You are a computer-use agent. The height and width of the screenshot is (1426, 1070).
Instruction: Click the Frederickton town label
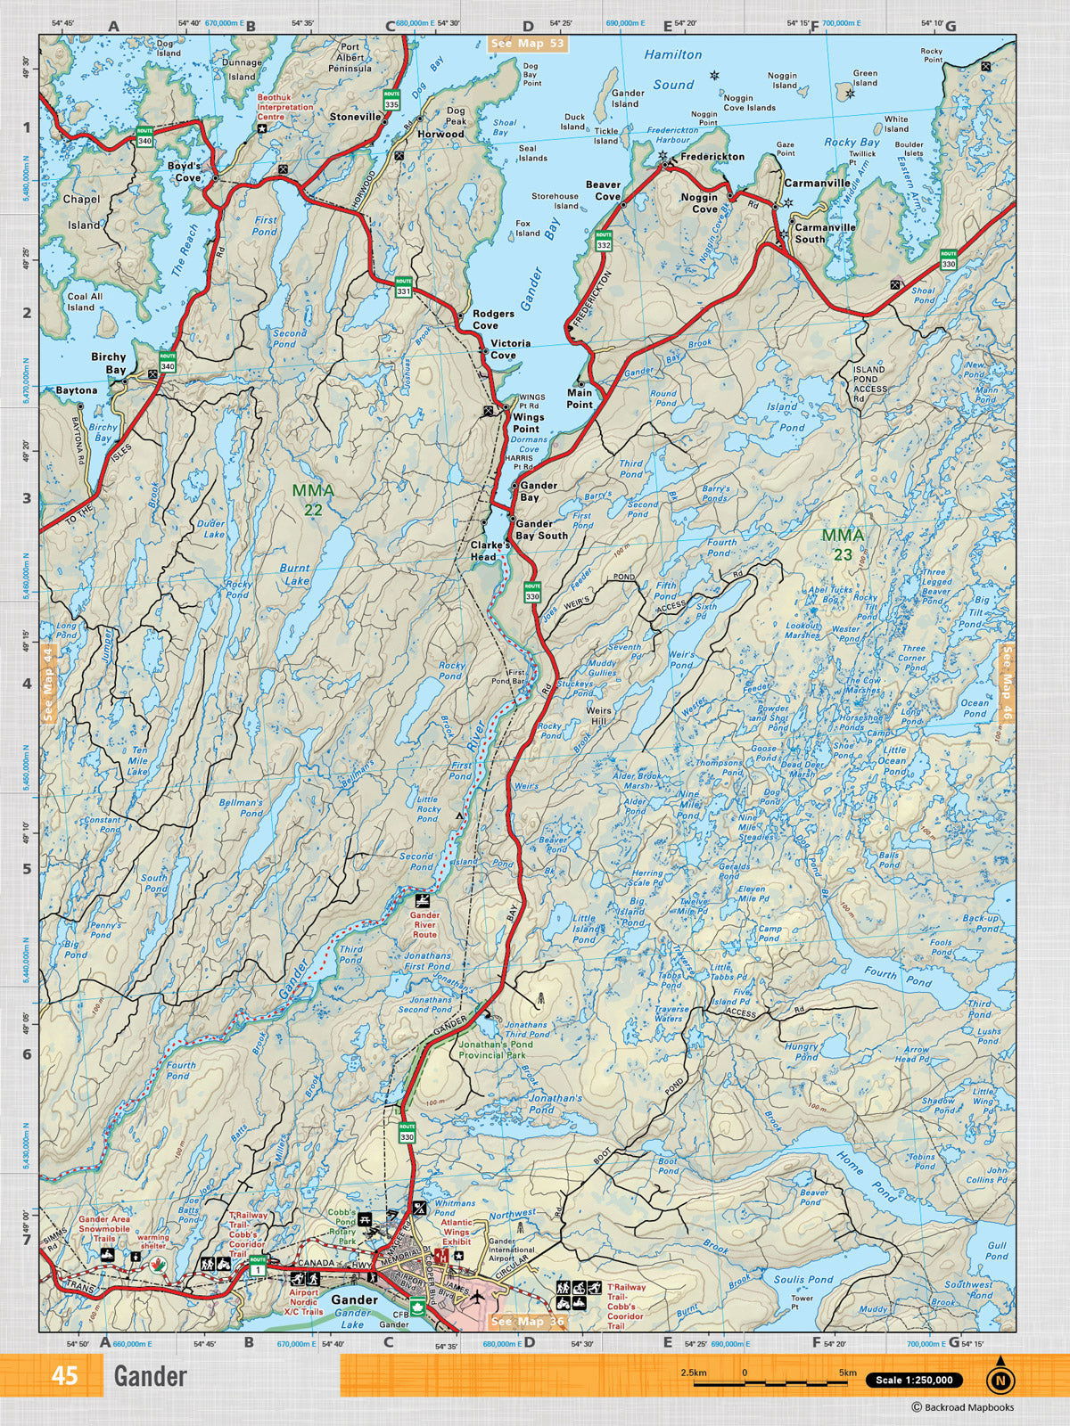[712, 157]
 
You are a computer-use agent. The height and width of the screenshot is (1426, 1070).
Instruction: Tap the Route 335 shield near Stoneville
[391, 99]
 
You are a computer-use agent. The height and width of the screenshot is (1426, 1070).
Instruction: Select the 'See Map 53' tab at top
[528, 43]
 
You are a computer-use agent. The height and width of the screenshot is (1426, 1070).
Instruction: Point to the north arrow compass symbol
[1000, 1380]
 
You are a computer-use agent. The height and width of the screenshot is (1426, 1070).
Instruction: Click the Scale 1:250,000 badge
[914, 1381]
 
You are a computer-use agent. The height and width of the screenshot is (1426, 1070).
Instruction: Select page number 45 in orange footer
[64, 1376]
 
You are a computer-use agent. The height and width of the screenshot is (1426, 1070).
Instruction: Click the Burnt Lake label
[295, 574]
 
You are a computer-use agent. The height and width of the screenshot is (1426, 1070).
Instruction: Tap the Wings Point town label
[527, 422]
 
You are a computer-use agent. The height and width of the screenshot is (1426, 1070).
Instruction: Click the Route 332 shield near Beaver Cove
[604, 241]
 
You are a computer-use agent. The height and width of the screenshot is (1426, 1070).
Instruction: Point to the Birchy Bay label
[109, 363]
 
